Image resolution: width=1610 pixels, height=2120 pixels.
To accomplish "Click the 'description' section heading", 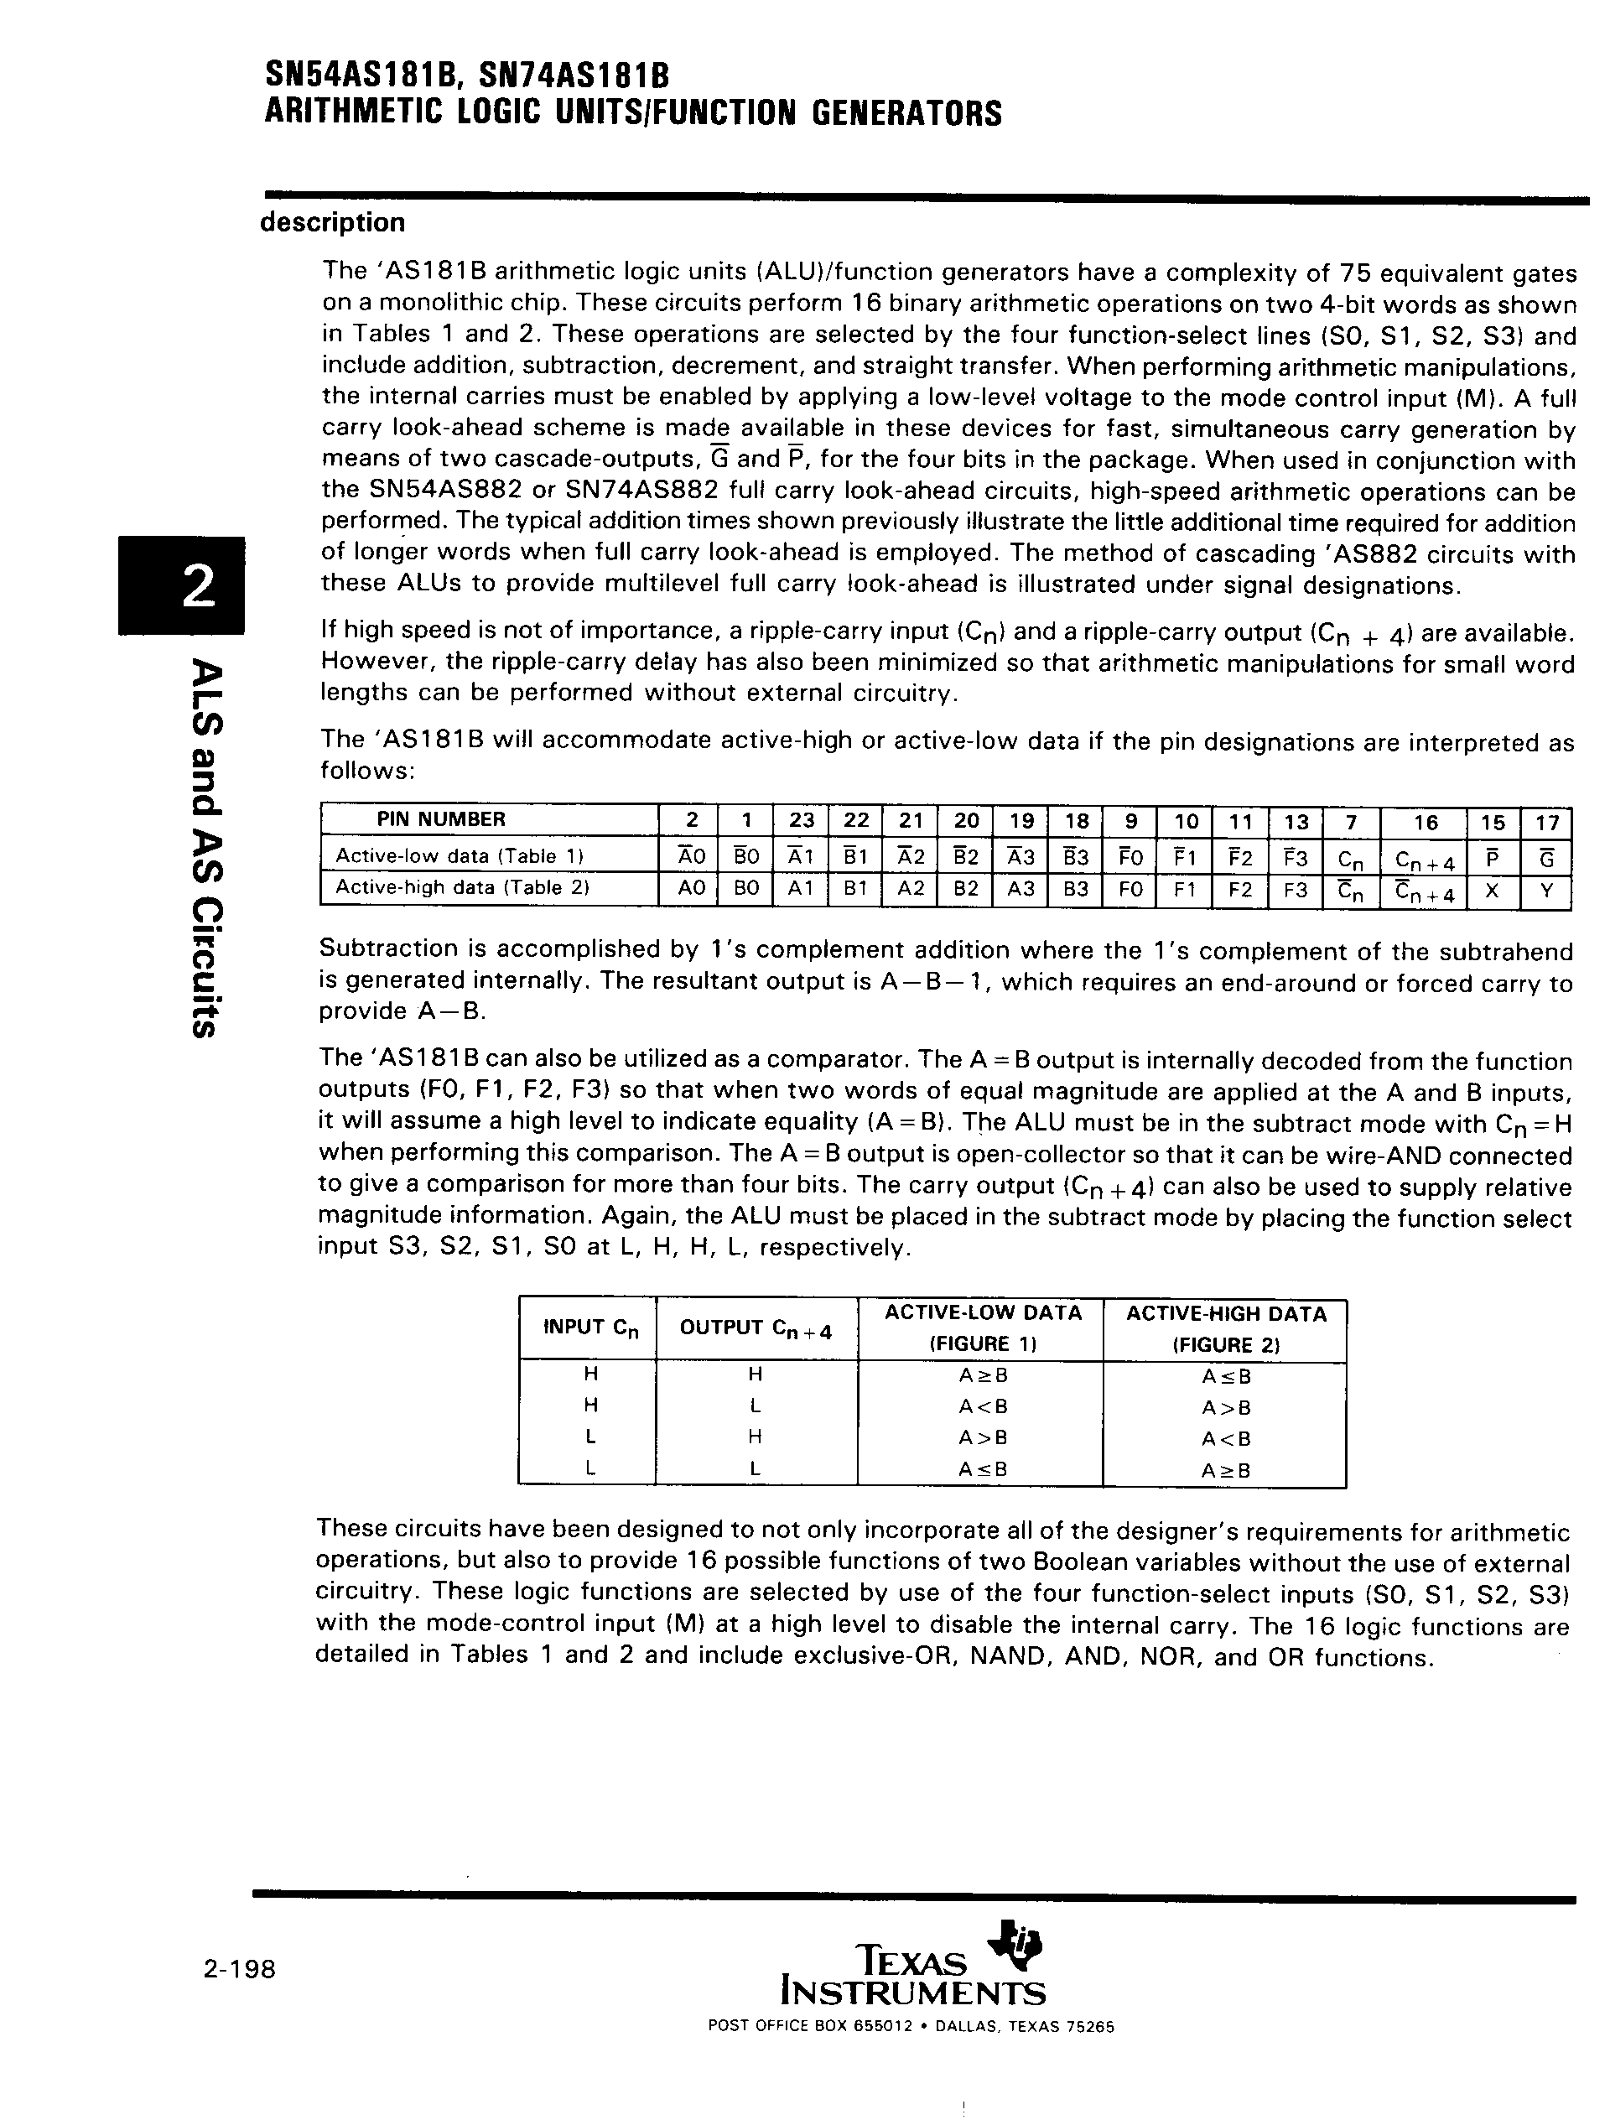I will pyautogui.click(x=333, y=222).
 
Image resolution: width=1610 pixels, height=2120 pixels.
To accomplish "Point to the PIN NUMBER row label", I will pyautogui.click(x=441, y=819).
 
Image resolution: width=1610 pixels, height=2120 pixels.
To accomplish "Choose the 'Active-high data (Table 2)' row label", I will pyautogui.click(x=462, y=887).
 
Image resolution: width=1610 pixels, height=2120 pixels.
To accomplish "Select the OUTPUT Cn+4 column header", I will pyautogui.click(x=756, y=1328).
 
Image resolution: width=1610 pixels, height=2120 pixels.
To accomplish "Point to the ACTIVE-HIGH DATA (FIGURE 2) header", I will pyautogui.click(x=1226, y=1328).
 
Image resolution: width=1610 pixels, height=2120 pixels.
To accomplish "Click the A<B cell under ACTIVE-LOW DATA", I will pyautogui.click(x=982, y=1407).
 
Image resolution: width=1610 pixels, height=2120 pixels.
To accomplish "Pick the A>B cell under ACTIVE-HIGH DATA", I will pyautogui.click(x=1226, y=1408).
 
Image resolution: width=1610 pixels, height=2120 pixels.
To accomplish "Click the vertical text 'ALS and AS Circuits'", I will pyautogui.click(x=209, y=848).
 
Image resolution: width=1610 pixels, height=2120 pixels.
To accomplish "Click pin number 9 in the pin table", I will pyautogui.click(x=1131, y=820).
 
